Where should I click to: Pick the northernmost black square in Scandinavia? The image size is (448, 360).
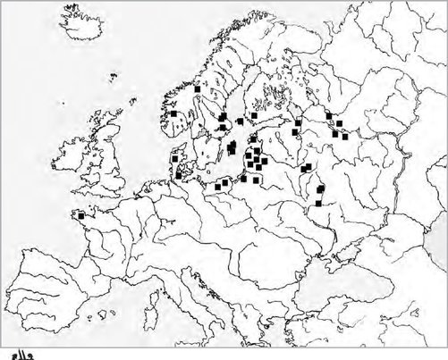pyautogui.click(x=197, y=89)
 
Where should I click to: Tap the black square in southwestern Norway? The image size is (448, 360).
pyautogui.click(x=173, y=114)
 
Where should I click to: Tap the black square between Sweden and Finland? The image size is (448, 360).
pyautogui.click(x=240, y=121)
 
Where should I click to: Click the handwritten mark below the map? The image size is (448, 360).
pyautogui.click(x=19, y=349)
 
